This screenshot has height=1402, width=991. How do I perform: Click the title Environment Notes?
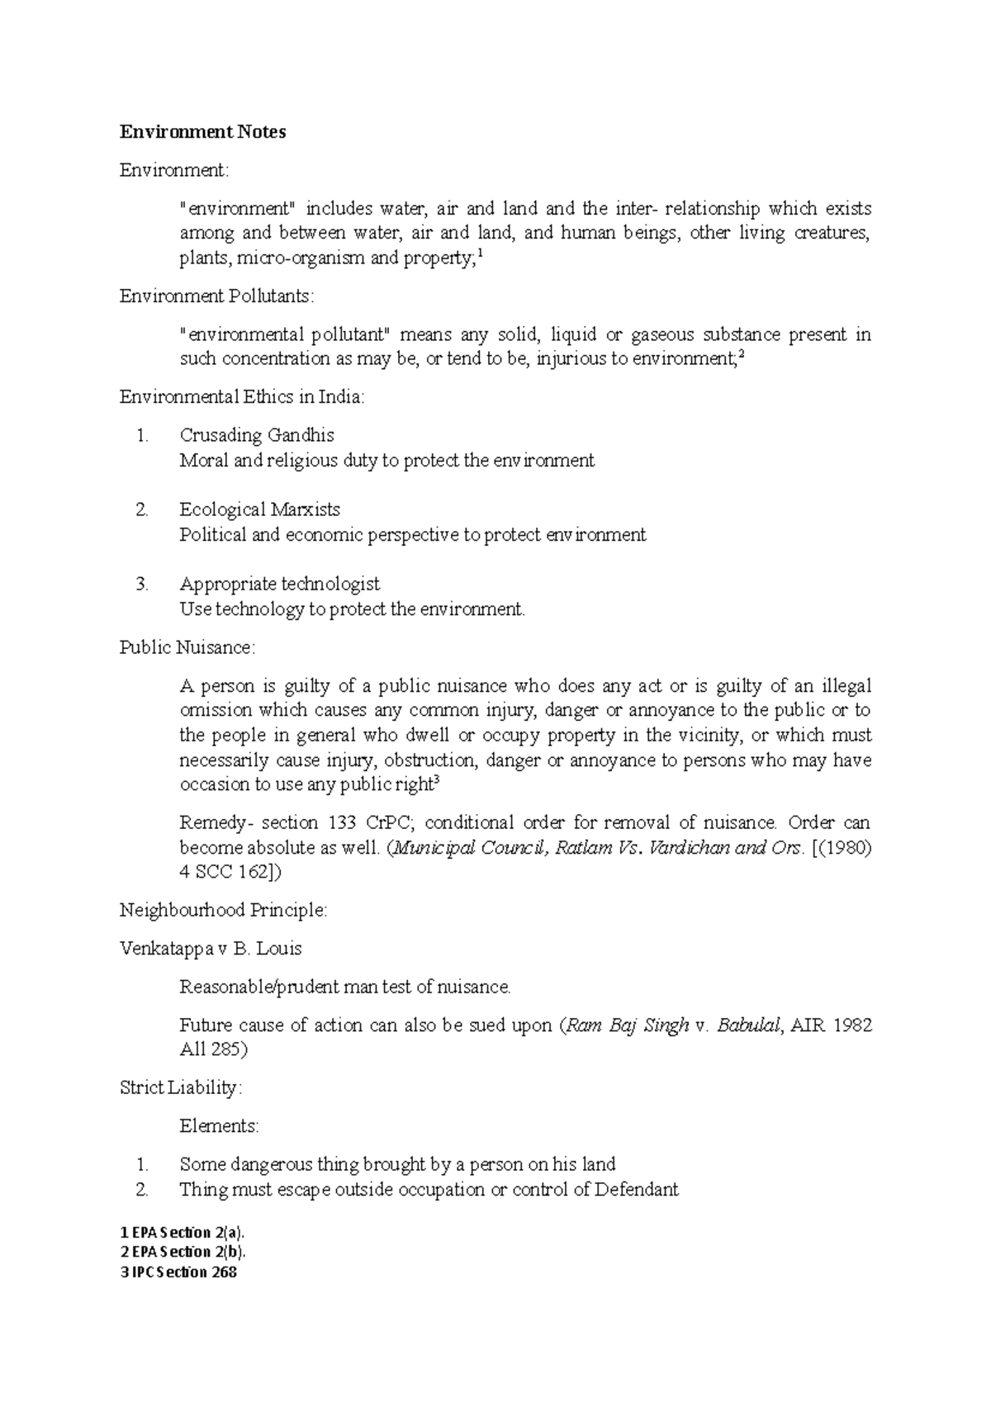point(203,132)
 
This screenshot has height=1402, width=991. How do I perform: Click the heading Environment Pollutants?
point(217,296)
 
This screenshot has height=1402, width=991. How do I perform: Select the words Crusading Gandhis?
point(257,435)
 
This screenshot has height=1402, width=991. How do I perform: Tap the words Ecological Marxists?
point(259,509)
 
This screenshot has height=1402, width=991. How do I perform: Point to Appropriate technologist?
point(279,584)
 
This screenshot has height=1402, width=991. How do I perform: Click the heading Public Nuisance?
point(187,647)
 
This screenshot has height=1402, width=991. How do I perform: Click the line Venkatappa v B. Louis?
point(211,948)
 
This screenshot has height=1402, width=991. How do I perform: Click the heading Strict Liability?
point(181,1087)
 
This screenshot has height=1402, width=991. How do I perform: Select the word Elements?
point(219,1125)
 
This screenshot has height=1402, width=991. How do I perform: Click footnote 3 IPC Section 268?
point(178,1272)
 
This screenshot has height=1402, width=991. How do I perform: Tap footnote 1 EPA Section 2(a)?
point(183,1233)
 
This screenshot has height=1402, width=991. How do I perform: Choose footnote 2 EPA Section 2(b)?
point(183,1253)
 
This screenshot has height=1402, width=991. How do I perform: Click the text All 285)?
point(213,1049)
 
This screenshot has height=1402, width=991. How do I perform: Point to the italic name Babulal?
point(748,1025)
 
